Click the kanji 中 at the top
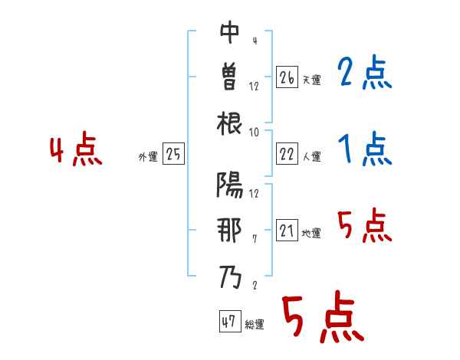[230, 33]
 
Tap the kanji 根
[230, 123]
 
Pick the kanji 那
[230, 230]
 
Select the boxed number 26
[287, 77]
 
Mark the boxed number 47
[228, 322]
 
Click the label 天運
[311, 80]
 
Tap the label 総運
[255, 324]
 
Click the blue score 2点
[364, 74]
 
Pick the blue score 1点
[364, 149]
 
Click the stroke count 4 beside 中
[254, 40]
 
